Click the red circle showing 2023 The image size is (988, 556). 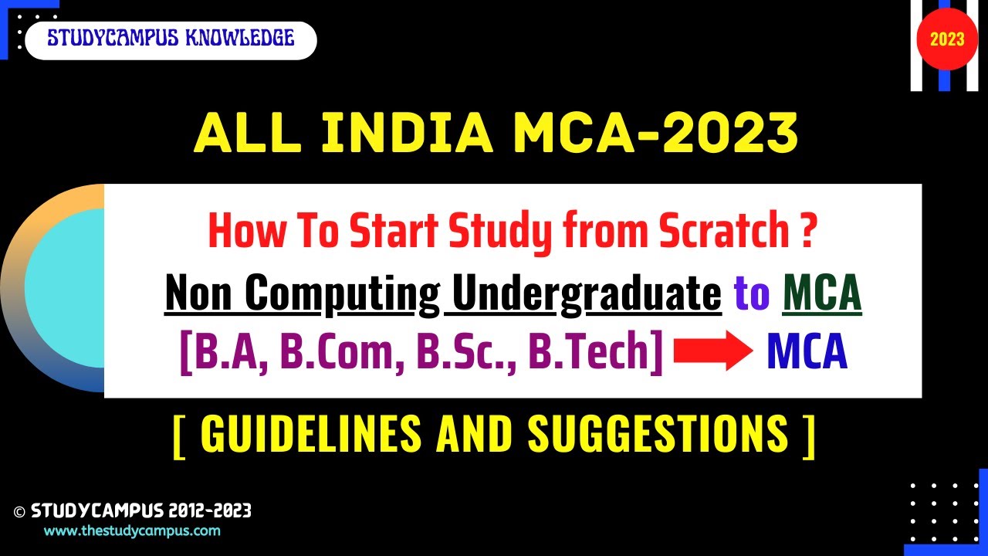pyautogui.click(x=947, y=39)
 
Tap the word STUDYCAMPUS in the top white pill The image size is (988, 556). pyautogui.click(x=107, y=38)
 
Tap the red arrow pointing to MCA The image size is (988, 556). pyautogui.click(x=712, y=354)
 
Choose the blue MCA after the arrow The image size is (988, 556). pyautogui.click(x=807, y=354)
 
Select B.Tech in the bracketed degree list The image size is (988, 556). pyautogui.click(x=594, y=354)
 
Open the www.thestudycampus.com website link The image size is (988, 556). pyautogui.click(x=132, y=531)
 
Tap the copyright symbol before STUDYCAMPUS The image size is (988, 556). pyautogui.click(x=20, y=511)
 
